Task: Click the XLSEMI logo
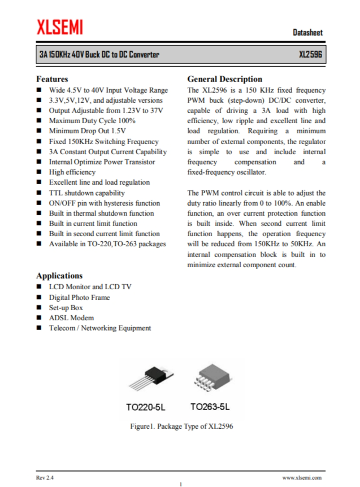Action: [x=60, y=27]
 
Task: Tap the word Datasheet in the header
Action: [x=308, y=33]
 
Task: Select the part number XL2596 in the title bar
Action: [x=311, y=55]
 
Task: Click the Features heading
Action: [x=52, y=79]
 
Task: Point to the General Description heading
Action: [x=224, y=79]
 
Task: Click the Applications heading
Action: [x=59, y=276]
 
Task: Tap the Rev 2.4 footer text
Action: [x=45, y=477]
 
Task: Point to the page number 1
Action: [x=181, y=484]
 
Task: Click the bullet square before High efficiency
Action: [x=38, y=172]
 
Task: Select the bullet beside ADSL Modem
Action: [x=38, y=318]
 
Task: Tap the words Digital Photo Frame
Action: [x=79, y=297]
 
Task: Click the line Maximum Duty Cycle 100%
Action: [x=92, y=121]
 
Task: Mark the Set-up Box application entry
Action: [x=66, y=308]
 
